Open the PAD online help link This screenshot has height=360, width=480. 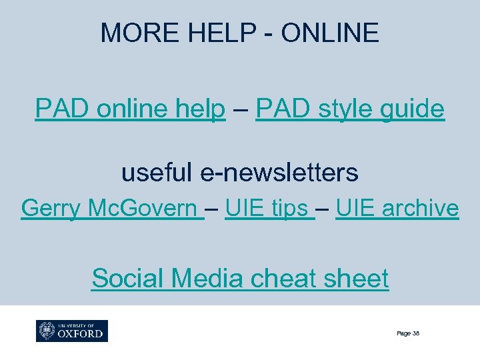[x=130, y=108]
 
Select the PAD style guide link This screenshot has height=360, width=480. [x=349, y=108]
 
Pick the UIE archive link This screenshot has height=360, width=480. [x=397, y=209]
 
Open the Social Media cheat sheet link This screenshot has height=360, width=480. [x=240, y=277]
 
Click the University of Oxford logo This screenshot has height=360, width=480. [x=72, y=331]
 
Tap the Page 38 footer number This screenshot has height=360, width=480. [x=407, y=333]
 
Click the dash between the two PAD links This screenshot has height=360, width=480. [x=240, y=108]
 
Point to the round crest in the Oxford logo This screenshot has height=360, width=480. [x=47, y=331]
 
